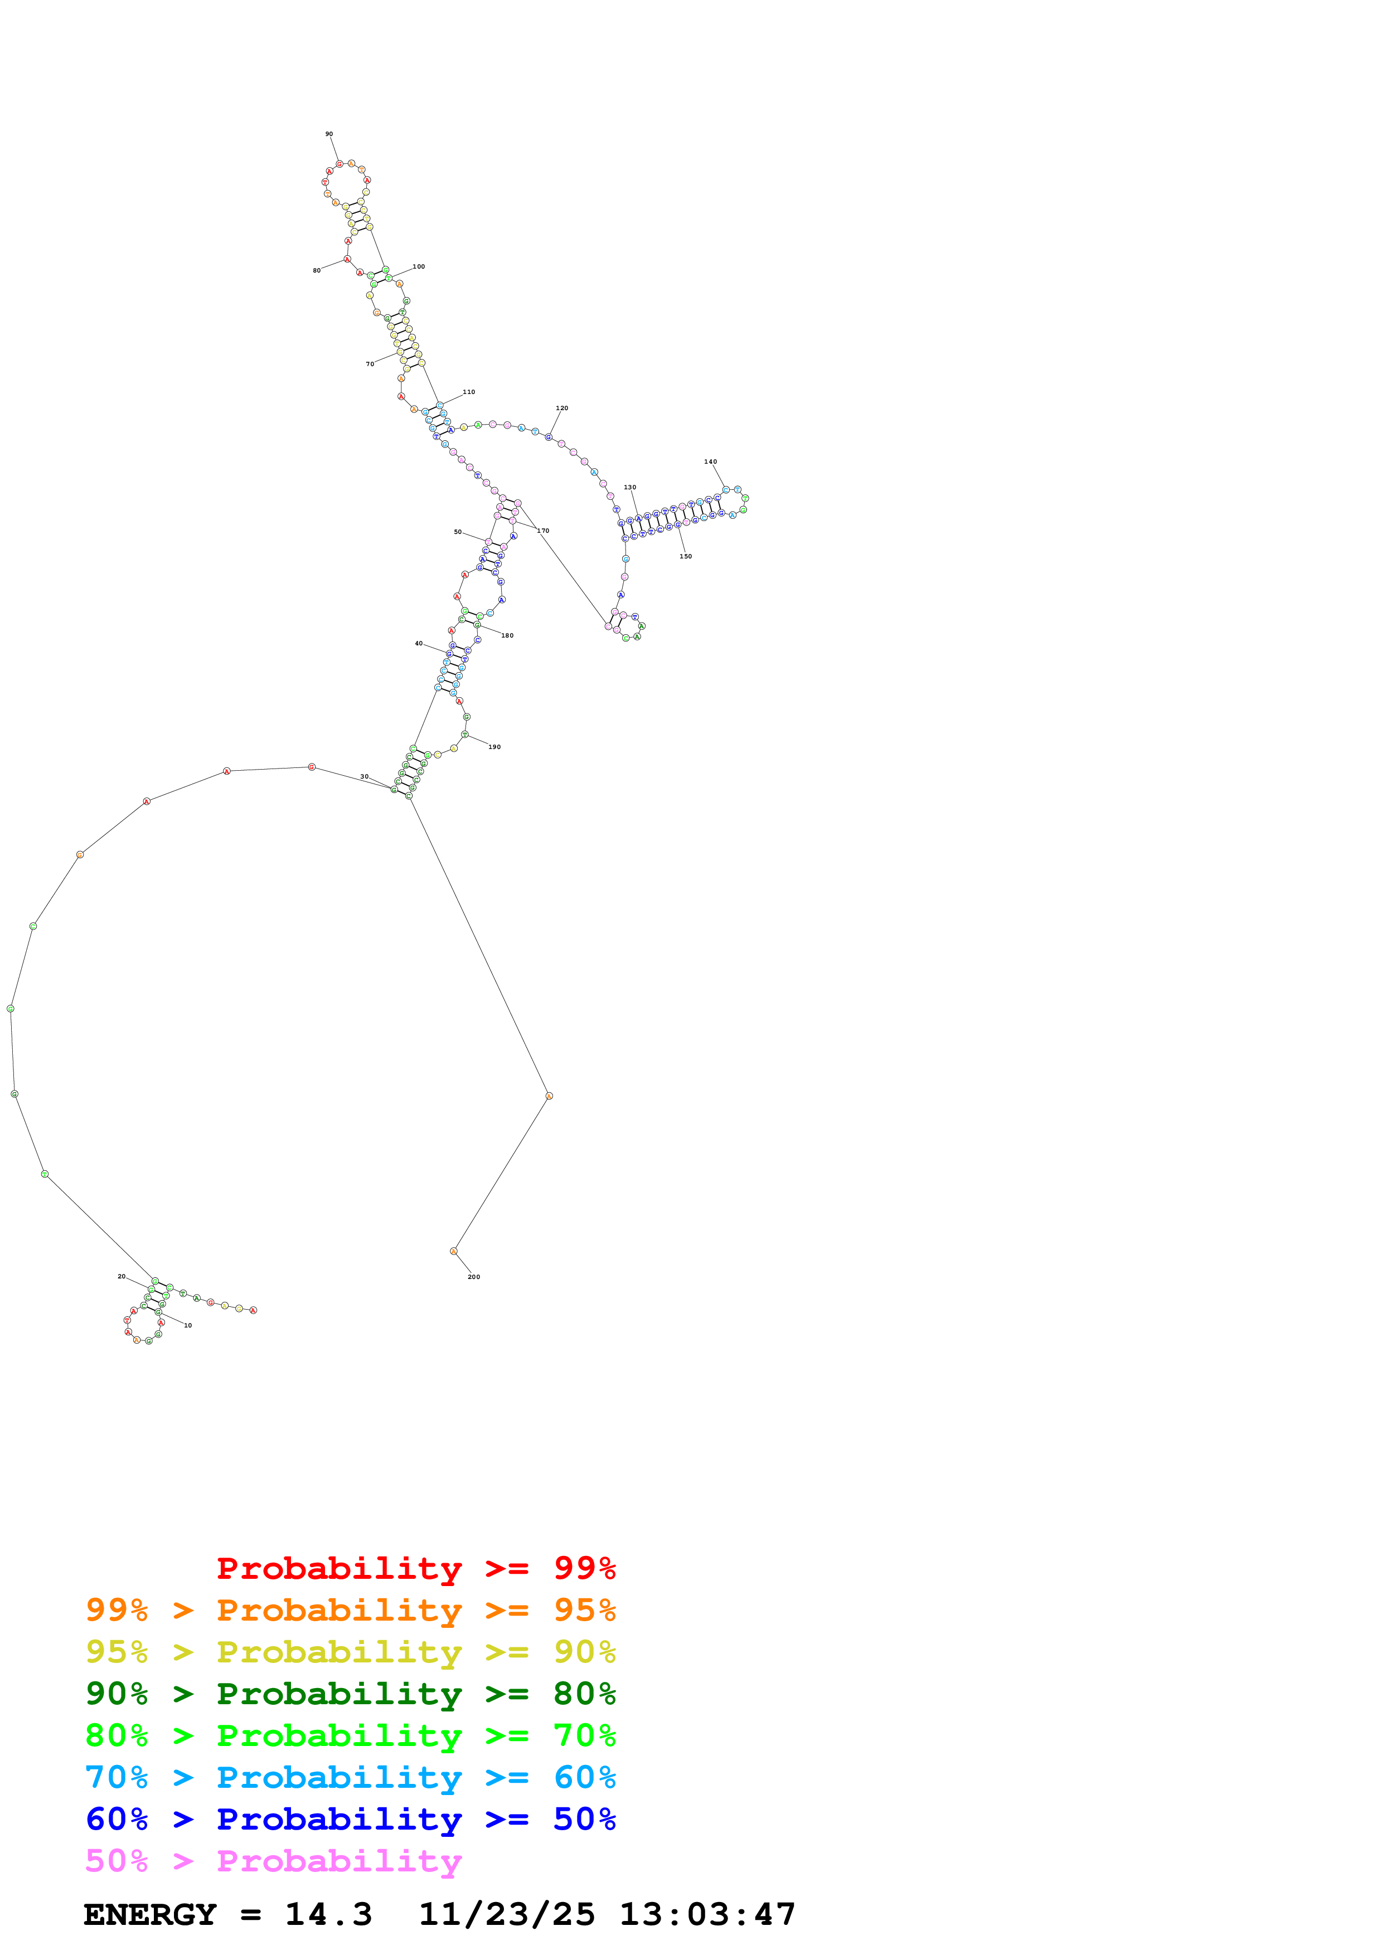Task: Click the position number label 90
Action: coord(329,134)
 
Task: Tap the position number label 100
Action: coord(418,266)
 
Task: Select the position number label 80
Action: coord(317,271)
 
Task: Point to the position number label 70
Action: coord(370,363)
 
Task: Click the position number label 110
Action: coord(468,392)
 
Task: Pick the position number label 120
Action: coord(561,408)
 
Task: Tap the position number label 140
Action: coord(710,461)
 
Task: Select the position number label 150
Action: coord(686,556)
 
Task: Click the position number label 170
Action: coord(542,531)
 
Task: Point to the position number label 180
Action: coord(507,635)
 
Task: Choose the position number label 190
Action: coord(494,747)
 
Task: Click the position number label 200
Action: coord(473,1276)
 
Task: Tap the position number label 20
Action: coord(121,1276)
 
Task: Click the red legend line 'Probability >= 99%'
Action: coord(415,1568)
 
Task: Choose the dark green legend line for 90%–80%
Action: coord(350,1694)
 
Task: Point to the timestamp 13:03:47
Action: coord(707,1914)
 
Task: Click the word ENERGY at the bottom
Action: coord(150,1914)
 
